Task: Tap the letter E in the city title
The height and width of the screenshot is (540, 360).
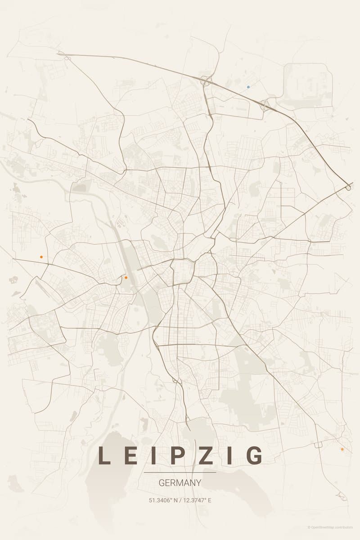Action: click(x=130, y=455)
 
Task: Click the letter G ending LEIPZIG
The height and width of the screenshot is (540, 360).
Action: click(x=255, y=455)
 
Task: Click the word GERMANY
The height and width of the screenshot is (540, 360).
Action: click(x=180, y=483)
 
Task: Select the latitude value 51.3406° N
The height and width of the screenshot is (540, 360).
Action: click(x=164, y=500)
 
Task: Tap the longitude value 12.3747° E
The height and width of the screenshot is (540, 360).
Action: click(x=197, y=500)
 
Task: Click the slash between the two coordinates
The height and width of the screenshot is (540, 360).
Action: click(x=180, y=500)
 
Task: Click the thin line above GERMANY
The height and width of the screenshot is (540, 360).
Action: click(x=180, y=472)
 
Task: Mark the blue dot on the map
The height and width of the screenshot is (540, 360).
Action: click(x=248, y=86)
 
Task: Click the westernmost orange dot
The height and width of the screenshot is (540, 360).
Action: click(x=41, y=256)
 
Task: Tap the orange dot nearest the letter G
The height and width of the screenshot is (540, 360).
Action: click(x=342, y=449)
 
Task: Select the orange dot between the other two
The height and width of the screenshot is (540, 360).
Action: click(x=126, y=278)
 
